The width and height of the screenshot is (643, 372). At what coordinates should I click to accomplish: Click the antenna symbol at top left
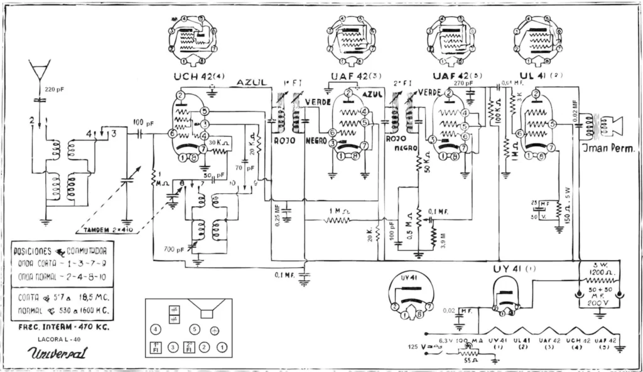point(39,68)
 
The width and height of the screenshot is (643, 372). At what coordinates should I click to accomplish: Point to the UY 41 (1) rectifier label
point(507,268)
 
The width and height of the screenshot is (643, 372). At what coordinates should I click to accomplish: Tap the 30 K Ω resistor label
point(221,142)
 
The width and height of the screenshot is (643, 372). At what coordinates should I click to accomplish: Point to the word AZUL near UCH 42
point(251,83)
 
